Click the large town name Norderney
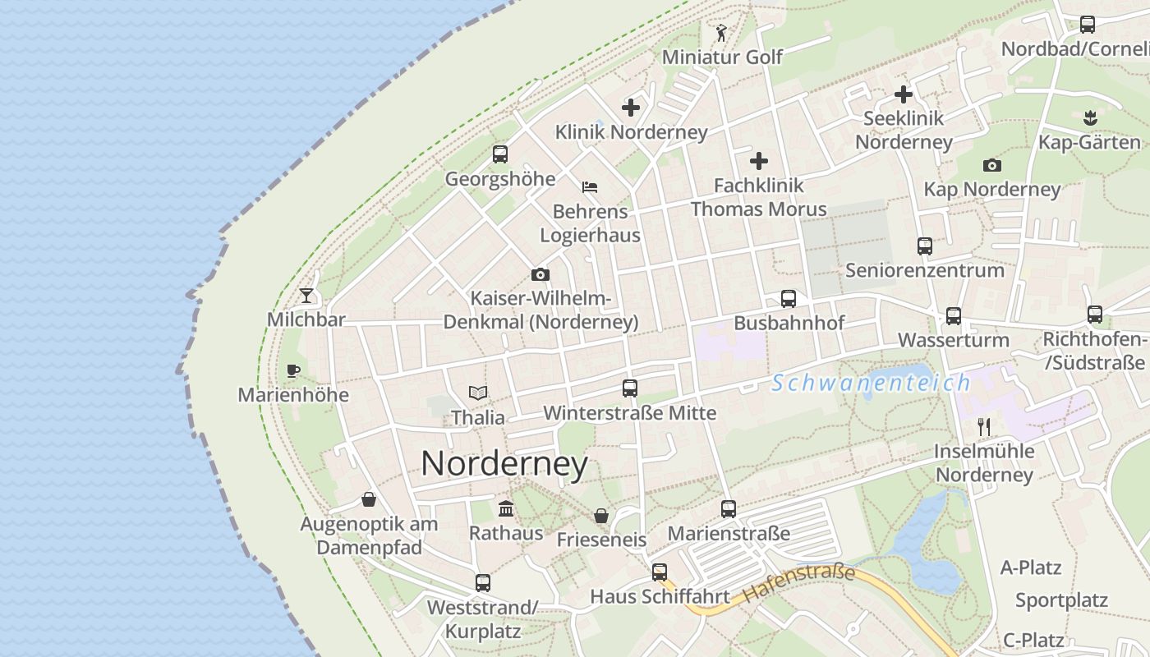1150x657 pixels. pos(504,464)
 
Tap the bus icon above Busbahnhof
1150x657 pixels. pos(789,299)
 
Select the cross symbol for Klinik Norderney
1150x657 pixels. pos(631,108)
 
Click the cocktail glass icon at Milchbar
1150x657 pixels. pos(306,295)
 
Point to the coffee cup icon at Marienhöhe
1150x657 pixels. pos(292,370)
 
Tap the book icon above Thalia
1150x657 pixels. pos(477,393)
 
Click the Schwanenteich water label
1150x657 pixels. pos(871,383)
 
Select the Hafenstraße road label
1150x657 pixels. pos(798,582)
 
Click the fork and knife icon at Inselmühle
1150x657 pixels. pos(984,426)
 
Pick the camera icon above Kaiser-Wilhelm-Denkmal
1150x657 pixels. pos(540,274)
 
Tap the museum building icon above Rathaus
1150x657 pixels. pos(506,509)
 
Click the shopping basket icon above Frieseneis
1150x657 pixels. pos(601,516)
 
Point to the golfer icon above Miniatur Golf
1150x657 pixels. pos(721,33)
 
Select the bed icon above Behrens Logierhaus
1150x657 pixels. pos(589,187)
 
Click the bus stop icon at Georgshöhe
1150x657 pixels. pos(499,154)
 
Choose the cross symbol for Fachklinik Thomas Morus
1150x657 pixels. pos(759,161)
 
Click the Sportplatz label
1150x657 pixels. pos(1061,600)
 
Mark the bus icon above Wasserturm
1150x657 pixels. pos(953,315)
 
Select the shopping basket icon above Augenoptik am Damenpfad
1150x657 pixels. pos(369,499)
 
